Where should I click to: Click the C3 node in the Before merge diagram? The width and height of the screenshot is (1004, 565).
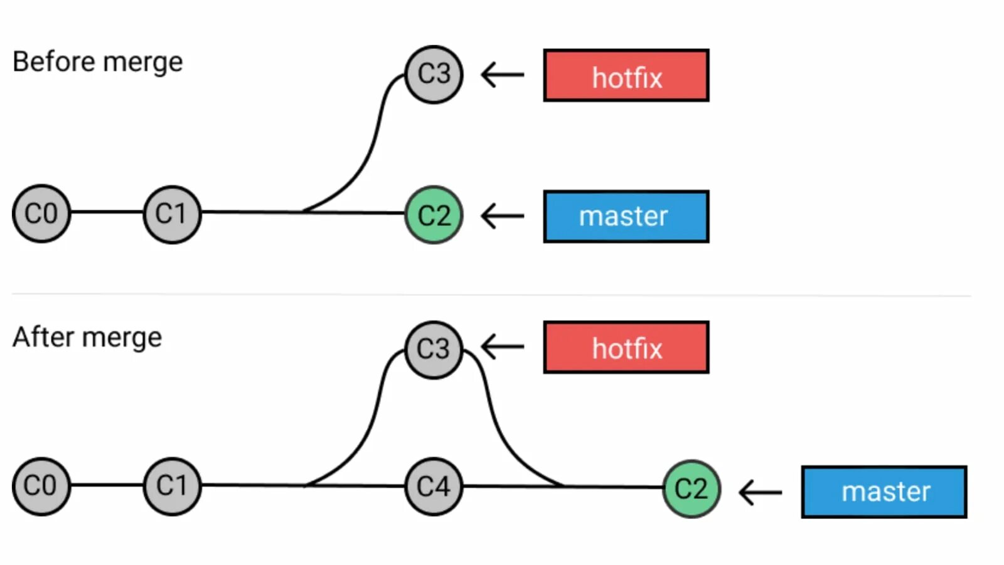[x=434, y=75]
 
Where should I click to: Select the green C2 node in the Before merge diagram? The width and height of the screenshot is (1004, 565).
[x=434, y=215]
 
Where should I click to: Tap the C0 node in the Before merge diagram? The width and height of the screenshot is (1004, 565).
[x=41, y=213]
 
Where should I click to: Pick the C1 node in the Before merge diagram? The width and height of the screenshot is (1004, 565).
[x=172, y=214]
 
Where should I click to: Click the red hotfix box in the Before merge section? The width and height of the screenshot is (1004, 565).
[x=626, y=76]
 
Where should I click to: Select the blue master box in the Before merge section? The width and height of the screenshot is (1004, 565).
[x=626, y=217]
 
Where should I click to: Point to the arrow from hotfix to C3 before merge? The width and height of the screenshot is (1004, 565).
[x=503, y=75]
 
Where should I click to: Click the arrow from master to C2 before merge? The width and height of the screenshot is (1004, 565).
[x=503, y=216]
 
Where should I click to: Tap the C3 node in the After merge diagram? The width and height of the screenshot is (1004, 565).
[x=434, y=350]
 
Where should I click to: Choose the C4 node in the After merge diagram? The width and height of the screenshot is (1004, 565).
[x=434, y=487]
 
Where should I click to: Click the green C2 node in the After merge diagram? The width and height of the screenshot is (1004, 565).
[x=692, y=488]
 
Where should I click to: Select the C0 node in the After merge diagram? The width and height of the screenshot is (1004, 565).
[x=41, y=486]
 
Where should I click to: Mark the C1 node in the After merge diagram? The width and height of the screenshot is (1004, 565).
[x=172, y=486]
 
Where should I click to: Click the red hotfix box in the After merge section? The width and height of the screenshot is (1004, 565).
[x=626, y=348]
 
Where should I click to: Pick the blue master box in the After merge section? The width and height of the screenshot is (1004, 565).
[x=884, y=492]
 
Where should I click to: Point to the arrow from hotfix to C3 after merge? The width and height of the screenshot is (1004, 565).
[x=503, y=347]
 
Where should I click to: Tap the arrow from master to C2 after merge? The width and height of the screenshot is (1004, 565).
[x=761, y=492]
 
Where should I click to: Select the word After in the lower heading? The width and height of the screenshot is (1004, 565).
[x=43, y=337]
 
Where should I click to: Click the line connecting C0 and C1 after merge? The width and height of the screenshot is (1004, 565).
[x=107, y=485]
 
